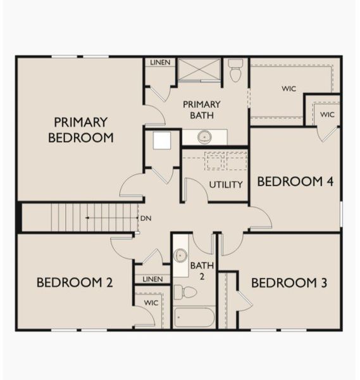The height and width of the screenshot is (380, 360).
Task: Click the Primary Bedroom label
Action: click(80, 129)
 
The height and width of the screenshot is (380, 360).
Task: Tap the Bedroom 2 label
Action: click(75, 282)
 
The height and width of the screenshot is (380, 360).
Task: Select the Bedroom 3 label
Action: click(289, 282)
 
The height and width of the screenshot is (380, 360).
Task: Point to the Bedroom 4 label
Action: click(295, 182)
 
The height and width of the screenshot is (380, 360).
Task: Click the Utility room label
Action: click(226, 185)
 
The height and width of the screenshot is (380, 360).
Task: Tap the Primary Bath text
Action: click(202, 110)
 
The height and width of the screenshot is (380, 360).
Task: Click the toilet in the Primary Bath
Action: click(236, 70)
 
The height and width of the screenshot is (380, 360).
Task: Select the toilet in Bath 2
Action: click(186, 292)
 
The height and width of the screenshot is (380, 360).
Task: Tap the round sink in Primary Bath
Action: click(205, 136)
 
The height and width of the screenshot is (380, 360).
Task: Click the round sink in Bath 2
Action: click(181, 256)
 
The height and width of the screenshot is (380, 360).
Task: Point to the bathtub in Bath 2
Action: click(194, 317)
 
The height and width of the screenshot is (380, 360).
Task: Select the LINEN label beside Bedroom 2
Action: click(152, 279)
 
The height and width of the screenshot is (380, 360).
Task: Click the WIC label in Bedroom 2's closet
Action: click(151, 303)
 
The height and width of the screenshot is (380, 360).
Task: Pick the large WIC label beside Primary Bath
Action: click(289, 89)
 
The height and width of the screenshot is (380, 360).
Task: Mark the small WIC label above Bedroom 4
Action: click(326, 115)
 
